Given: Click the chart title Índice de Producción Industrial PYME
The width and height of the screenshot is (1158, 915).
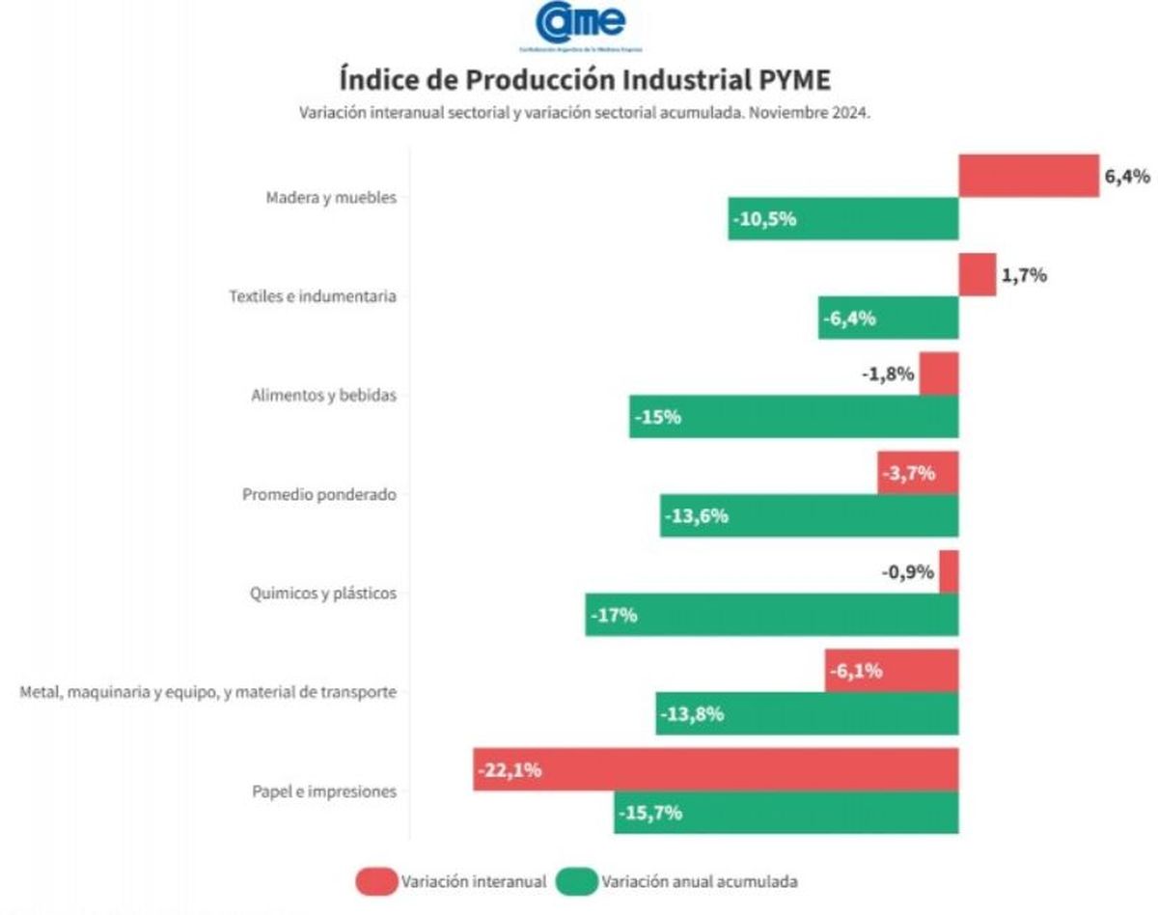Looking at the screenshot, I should point(584,78).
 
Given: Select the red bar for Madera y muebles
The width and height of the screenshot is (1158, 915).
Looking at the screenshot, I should point(1028,176).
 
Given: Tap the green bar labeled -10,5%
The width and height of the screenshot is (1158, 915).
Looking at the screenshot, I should point(842,219).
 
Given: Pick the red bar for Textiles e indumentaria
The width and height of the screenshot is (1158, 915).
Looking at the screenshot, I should point(977,275).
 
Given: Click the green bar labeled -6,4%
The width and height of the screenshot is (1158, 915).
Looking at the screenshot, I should point(888,318).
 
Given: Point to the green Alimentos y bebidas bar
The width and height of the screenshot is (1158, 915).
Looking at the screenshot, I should point(793,417).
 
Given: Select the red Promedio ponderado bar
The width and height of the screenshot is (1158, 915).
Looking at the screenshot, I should point(918,473).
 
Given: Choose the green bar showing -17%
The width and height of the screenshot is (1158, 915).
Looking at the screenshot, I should point(771,615).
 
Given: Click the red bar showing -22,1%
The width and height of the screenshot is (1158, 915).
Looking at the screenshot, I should point(715,769).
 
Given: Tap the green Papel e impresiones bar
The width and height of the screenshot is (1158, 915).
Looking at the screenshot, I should point(786,813).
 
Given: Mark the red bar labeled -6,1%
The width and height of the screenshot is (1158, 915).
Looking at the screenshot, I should point(891,671).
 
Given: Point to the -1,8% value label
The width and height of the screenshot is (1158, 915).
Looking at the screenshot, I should point(888,374).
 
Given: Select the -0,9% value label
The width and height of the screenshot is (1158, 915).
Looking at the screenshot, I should point(907,571).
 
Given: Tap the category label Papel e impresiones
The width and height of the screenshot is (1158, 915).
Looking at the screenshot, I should point(324,791).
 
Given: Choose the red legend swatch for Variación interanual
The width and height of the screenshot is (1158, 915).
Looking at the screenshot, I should point(375,881).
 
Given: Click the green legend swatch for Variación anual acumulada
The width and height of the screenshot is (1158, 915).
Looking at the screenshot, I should point(575,881).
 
